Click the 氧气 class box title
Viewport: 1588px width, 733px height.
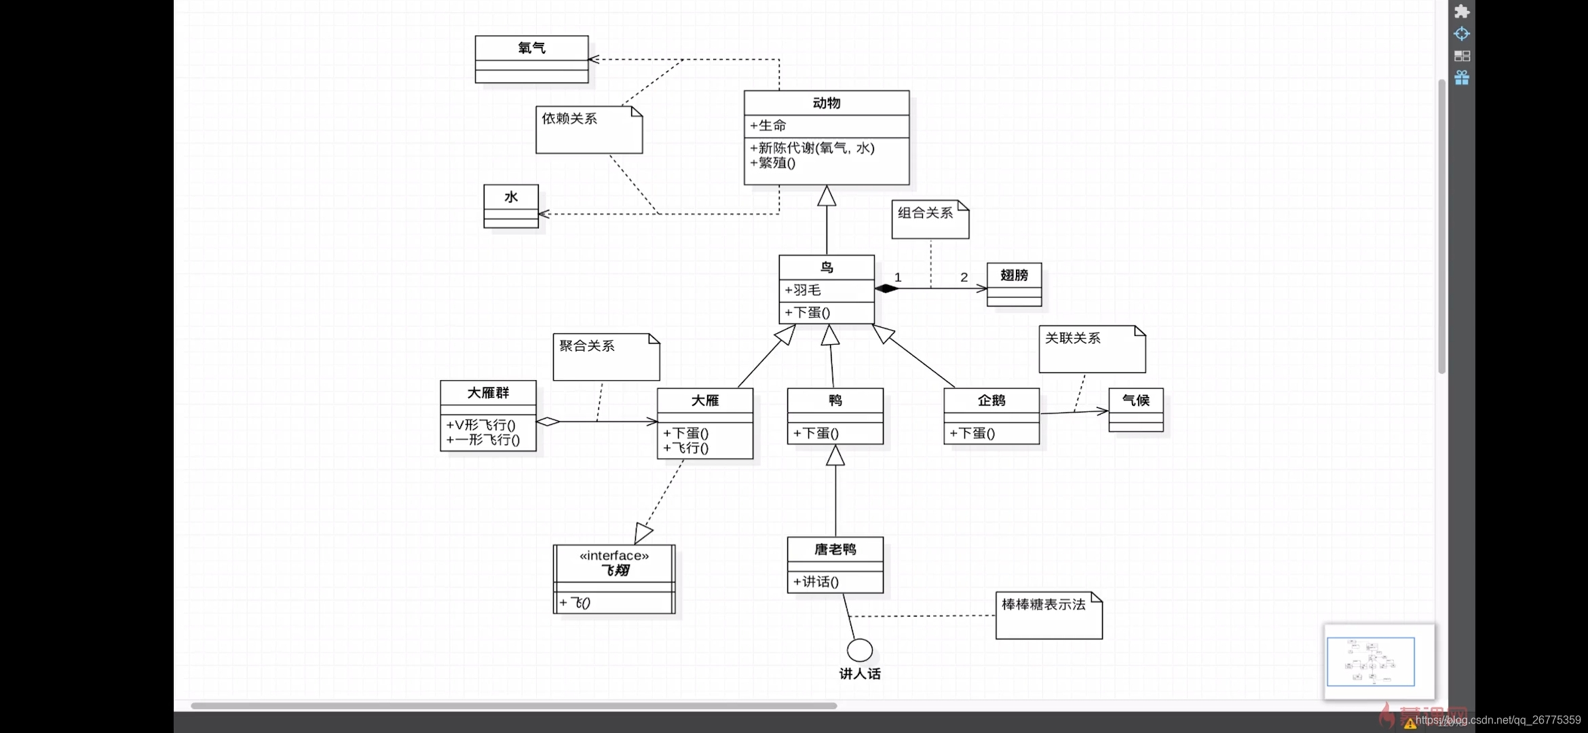pos(531,48)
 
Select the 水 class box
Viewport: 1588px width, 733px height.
pos(511,206)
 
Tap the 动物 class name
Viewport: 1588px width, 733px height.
pos(826,103)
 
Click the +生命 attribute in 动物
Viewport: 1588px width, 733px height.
pos(768,126)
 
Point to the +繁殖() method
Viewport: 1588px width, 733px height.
pos(773,163)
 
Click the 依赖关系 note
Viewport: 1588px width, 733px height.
pos(588,129)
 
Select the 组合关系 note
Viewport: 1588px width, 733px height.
pos(930,219)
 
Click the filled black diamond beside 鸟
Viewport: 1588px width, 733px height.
pos(886,288)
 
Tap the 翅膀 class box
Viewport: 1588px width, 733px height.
pos(1014,284)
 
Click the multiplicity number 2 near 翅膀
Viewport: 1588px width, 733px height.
pos(964,277)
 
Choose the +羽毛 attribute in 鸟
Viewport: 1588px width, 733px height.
pos(804,290)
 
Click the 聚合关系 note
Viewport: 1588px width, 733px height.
pos(606,356)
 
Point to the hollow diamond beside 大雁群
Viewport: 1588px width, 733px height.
pos(548,421)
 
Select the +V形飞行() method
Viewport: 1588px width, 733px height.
pos(481,425)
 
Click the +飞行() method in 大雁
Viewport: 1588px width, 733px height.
pos(686,448)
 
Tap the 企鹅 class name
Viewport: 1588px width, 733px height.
pos(991,400)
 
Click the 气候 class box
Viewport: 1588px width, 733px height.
pos(1135,409)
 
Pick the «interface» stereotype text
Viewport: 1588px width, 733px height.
pos(614,556)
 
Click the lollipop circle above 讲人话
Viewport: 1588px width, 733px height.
pos(860,650)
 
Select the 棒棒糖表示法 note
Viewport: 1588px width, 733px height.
pos(1048,615)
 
